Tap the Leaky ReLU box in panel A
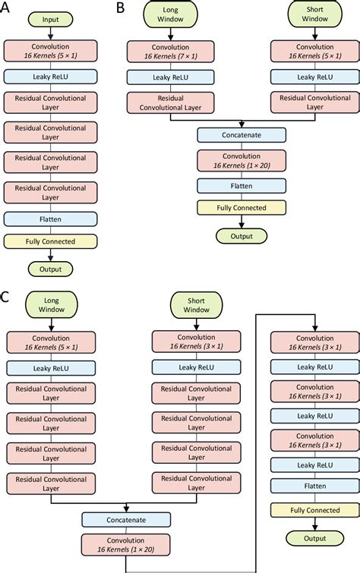coord(50,76)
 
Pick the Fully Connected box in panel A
coord(50,242)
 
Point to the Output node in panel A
coord(50,268)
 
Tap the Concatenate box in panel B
coord(242,134)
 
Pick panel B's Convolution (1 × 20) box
coord(242,159)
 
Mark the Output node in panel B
coord(242,235)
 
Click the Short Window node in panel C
coord(197,305)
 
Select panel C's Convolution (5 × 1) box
coord(50,341)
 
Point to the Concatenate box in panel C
coord(126,520)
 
